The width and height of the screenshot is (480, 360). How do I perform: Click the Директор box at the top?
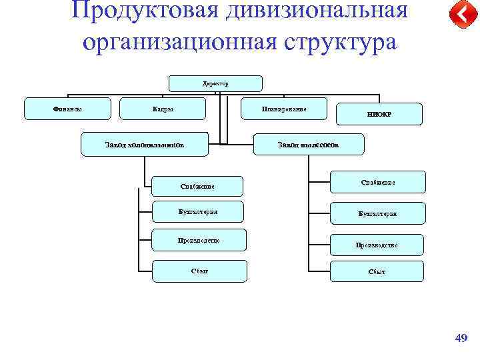pos(215,83)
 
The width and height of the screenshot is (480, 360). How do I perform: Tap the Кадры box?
pos(163,109)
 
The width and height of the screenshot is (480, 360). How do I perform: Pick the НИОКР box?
pos(379,114)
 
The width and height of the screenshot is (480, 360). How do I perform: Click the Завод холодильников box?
pos(145,144)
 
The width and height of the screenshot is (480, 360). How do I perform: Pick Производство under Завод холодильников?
pos(199,240)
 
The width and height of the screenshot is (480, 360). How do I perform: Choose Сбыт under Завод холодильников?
pos(199,271)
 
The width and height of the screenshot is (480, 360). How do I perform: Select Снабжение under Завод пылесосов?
pos(378,182)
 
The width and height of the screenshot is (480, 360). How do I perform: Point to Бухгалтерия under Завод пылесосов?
pos(377,213)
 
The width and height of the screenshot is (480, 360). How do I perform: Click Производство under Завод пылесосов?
pos(377,245)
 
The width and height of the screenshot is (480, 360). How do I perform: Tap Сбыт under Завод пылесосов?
pos(377,271)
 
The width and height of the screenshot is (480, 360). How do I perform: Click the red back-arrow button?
pos(459,14)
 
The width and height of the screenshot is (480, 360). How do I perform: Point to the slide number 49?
pos(461,339)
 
